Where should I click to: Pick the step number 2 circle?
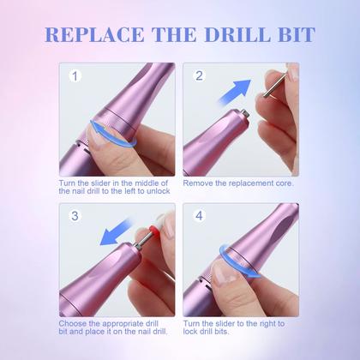point(199,76)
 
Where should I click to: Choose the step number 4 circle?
point(199,218)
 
